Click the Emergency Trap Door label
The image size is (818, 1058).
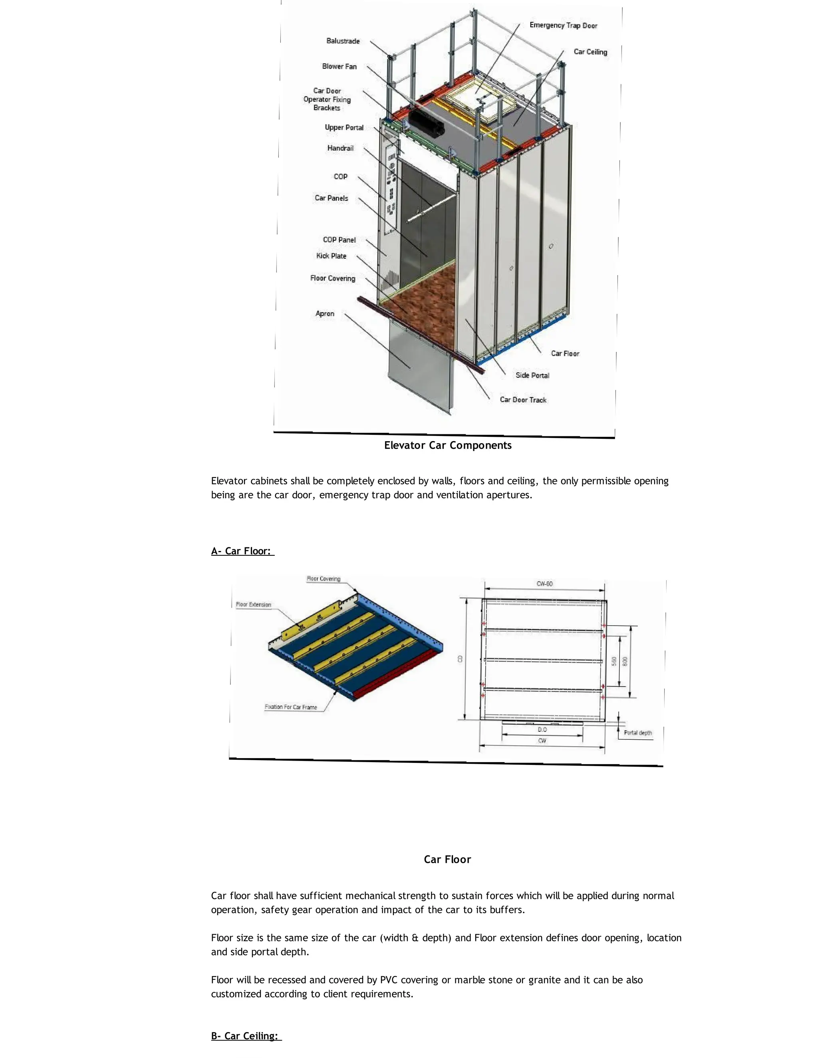(x=563, y=25)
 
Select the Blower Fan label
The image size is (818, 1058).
(x=339, y=66)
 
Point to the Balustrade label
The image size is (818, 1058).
(x=343, y=41)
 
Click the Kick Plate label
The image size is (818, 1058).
(x=331, y=256)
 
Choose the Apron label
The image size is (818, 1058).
(x=325, y=313)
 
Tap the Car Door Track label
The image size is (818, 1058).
(x=523, y=400)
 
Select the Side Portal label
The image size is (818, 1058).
(x=532, y=375)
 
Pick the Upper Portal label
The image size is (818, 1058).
(x=343, y=127)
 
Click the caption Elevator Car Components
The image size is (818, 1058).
(x=447, y=445)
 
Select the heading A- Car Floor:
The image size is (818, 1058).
(x=242, y=551)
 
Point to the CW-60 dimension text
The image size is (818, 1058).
(x=544, y=584)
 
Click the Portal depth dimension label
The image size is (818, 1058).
(x=638, y=733)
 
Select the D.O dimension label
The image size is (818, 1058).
(x=542, y=729)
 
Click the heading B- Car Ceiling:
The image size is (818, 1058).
(x=246, y=1036)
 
